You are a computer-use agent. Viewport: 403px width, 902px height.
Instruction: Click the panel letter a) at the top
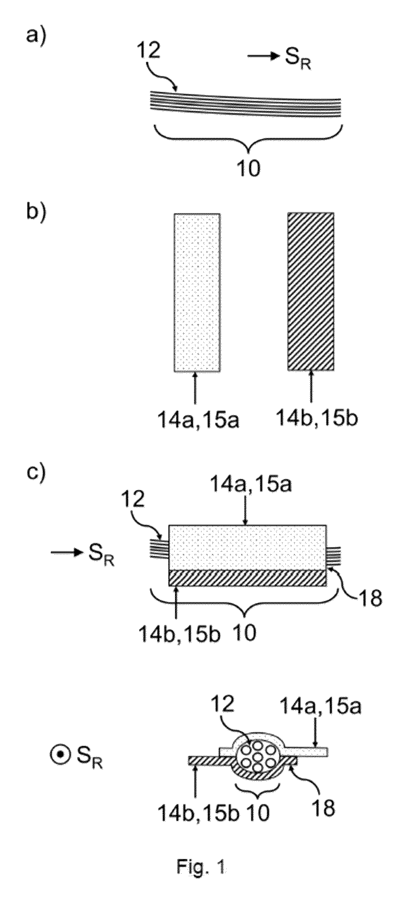click(37, 36)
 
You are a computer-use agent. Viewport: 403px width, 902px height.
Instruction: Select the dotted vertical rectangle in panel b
click(197, 292)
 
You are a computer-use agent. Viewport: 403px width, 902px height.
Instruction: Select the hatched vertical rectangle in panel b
click(310, 291)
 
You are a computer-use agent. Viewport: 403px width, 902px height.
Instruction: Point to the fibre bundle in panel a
click(246, 103)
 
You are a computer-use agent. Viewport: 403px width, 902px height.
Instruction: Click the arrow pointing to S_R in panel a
click(263, 56)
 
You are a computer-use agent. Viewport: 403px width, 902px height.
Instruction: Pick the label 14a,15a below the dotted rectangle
click(198, 419)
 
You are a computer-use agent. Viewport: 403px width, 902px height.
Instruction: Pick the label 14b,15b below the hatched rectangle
click(317, 418)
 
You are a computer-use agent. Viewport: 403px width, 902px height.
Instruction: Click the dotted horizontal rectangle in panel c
click(247, 547)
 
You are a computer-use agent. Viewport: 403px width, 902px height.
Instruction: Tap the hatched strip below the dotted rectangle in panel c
click(247, 578)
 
